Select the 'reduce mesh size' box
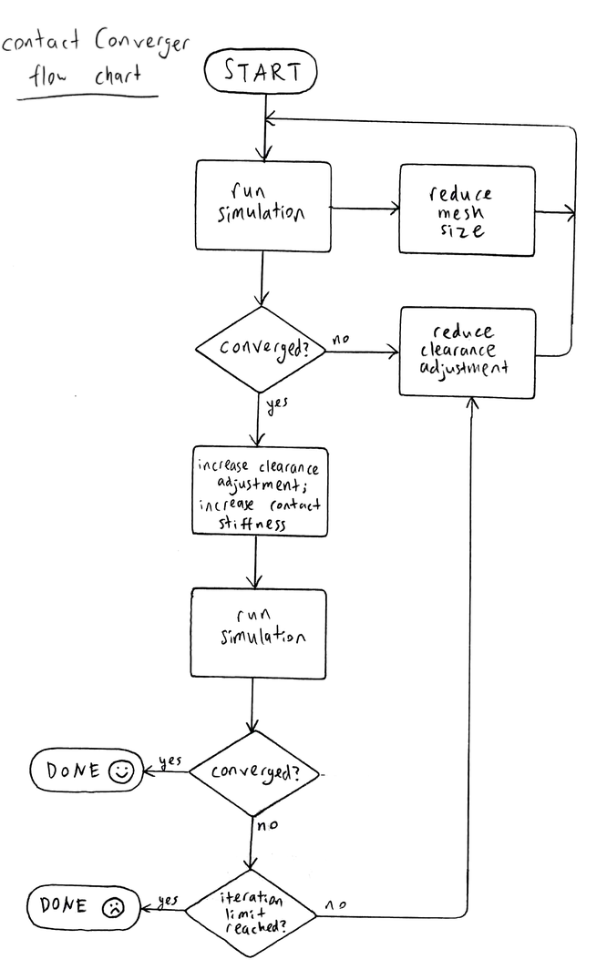(467, 210)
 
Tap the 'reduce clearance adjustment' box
(468, 352)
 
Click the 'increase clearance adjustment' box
(260, 492)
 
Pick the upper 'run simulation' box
(263, 206)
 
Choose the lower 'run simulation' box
(258, 634)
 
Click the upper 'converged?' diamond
(262, 349)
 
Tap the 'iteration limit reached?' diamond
(251, 914)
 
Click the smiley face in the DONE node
(120, 771)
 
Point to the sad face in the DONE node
(113, 907)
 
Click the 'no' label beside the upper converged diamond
(341, 340)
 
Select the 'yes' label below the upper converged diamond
(277, 405)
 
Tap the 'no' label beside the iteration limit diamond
(335, 904)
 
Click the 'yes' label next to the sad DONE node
(168, 901)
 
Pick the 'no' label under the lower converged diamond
(268, 825)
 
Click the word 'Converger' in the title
(142, 43)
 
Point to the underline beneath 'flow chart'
(87, 97)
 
